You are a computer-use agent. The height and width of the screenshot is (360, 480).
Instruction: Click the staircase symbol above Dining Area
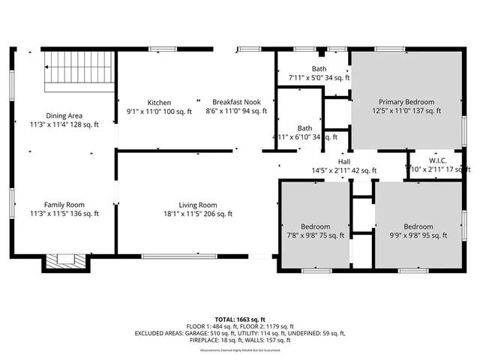point(78,69)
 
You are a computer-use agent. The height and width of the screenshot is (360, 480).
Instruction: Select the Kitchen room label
point(159,103)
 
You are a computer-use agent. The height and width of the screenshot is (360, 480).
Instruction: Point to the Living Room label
point(198,205)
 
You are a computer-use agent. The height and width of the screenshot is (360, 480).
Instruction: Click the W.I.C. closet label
point(438,161)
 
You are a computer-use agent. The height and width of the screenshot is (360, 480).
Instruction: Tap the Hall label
point(343,161)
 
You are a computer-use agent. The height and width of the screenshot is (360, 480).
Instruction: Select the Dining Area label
point(64,115)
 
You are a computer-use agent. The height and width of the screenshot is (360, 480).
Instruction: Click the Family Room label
point(64,205)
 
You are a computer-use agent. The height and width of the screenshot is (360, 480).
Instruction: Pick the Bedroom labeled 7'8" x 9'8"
point(316,226)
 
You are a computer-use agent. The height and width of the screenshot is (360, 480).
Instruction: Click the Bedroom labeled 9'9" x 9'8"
point(418,226)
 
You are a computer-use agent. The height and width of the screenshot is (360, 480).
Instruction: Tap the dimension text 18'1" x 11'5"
point(198,214)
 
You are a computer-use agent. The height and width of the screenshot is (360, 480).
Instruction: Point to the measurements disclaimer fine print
point(239,349)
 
